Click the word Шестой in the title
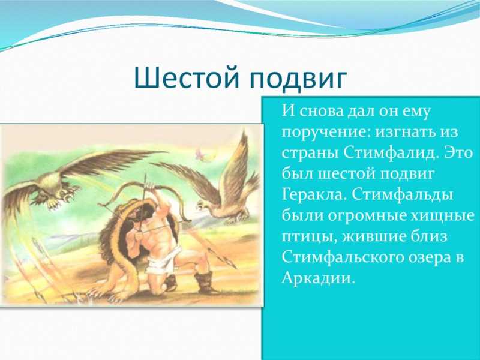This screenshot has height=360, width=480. coord(186,77)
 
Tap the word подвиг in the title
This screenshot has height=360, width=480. coord(298,79)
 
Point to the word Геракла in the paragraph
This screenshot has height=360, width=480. coord(314,194)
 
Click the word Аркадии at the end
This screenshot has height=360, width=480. coord(318,278)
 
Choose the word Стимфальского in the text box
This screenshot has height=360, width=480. coord(342,257)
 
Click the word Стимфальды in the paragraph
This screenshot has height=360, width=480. coord(402,195)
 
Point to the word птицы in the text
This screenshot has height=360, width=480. coord(309,237)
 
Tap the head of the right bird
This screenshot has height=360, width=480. coord(202,205)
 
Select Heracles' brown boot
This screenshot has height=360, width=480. coord(203,281)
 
